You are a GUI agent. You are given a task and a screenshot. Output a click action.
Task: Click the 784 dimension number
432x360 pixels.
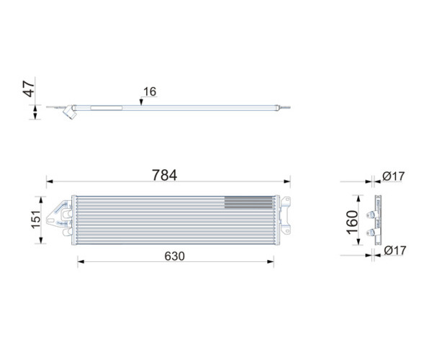pos(164,175)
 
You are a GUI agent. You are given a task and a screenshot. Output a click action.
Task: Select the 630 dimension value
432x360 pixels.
pos(175,256)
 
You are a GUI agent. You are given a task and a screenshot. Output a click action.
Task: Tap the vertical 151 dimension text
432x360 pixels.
pos(36,220)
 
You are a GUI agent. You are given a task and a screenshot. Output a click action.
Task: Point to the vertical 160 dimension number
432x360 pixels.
pos(352,222)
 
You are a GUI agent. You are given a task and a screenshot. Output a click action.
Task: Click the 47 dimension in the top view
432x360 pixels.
pos(29,89)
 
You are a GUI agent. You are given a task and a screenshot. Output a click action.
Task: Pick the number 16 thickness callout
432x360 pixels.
pos(150,91)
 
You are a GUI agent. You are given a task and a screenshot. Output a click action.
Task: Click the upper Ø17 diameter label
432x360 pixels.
pos(393,176)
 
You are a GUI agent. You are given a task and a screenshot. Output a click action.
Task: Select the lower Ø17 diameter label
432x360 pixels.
pos(395,251)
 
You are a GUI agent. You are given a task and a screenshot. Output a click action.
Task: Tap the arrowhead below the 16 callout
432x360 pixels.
pos(141,102)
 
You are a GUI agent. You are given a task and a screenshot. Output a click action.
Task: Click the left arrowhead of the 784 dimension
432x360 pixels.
pos(50,181)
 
